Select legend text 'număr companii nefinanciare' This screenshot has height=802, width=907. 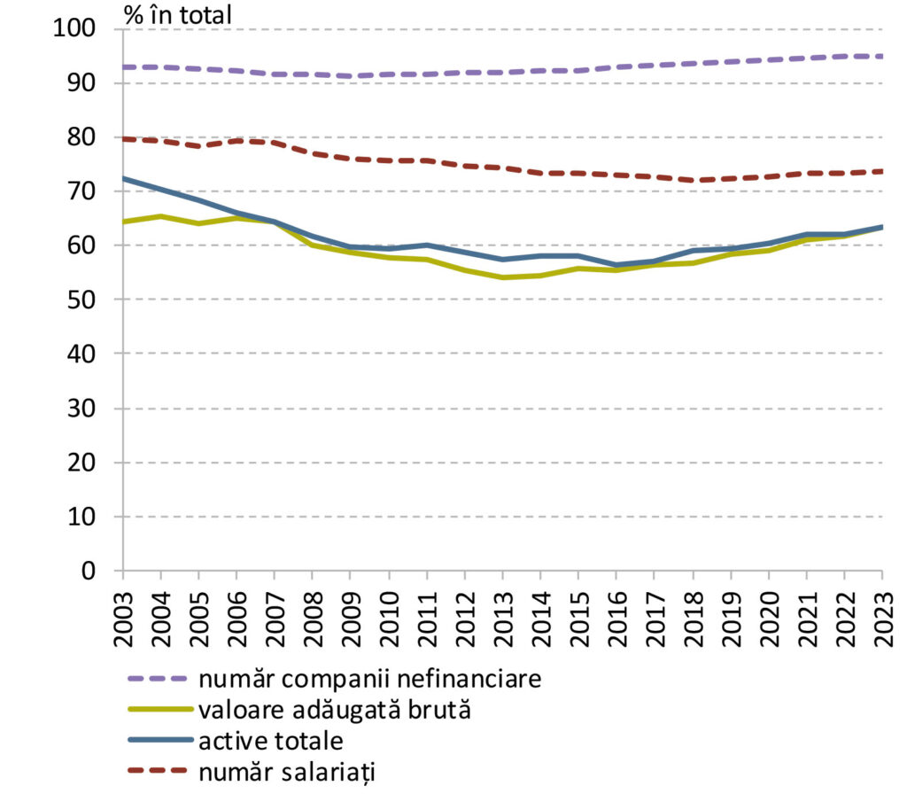pos(369,680)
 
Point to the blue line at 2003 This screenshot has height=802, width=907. pos(123,178)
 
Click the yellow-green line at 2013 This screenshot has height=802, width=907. pos(502,277)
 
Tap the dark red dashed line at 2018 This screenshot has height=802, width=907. pos(693,181)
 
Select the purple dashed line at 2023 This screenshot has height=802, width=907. pos(882,56)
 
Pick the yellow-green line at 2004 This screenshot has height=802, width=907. pos(161,216)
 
